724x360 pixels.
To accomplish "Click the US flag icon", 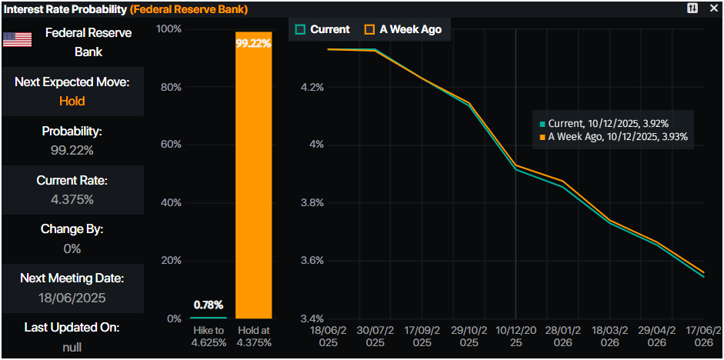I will point(17,39).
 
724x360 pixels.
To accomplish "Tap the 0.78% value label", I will point(209,304).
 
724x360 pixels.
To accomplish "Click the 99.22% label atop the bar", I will point(253,44).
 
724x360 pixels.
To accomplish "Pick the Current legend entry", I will point(322,29).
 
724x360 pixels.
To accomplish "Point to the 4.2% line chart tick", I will point(312,87).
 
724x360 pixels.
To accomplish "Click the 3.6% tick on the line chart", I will point(312,261).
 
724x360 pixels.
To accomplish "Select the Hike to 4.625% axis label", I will point(209,336).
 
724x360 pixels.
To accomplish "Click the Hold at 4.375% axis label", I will point(253,336).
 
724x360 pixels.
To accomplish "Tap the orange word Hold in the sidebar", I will point(72,101).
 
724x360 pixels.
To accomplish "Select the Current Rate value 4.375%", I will point(72,199).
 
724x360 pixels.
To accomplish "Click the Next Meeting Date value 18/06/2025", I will point(72,298).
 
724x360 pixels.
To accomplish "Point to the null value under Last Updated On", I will point(72,347).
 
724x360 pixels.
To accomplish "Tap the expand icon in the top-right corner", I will point(692,8).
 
